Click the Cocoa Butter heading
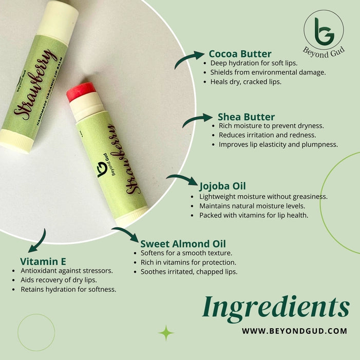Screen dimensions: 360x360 pyautogui.click(x=240, y=54)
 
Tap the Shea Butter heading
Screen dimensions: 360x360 pyautogui.click(x=246, y=117)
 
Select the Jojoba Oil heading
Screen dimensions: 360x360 pyautogui.click(x=222, y=186)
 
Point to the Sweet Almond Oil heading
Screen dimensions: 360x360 pyautogui.click(x=183, y=244)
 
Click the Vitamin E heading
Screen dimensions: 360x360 pyautogui.click(x=43, y=261)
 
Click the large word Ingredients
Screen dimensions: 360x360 pyautogui.click(x=276, y=307)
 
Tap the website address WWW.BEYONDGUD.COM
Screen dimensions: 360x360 pyautogui.click(x=295, y=331)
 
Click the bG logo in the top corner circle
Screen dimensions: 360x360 pyautogui.click(x=324, y=31)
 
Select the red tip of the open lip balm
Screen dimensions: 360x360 pyautogui.click(x=81, y=91)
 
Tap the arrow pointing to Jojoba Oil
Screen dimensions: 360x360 pyautogui.click(x=182, y=178)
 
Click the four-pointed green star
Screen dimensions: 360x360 pyautogui.click(x=166, y=333)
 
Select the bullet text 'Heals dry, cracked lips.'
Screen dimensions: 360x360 pyautogui.click(x=245, y=82)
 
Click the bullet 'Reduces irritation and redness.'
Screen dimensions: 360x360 pyautogui.click(x=268, y=135)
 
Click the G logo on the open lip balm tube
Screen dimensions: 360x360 pyautogui.click(x=102, y=169)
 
